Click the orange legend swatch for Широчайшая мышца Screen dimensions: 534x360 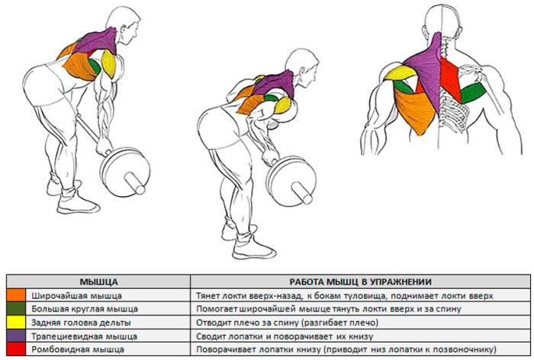16,295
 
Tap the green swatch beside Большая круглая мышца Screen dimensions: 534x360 16,309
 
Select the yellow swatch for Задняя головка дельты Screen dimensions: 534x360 16,322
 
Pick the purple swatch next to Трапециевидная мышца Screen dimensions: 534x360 16,336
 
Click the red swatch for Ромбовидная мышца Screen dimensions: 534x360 16,349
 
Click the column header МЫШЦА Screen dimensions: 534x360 98,282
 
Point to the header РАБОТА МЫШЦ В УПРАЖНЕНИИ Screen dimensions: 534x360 361,282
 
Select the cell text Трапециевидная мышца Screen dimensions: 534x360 85,336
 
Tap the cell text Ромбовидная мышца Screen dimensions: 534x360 78,350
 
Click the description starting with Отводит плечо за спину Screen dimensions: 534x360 287,323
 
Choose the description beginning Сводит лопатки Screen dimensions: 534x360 285,336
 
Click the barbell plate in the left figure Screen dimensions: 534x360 125,172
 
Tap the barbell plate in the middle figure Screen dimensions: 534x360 291,182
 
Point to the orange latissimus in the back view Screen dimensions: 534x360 416,112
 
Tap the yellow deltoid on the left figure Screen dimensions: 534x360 108,64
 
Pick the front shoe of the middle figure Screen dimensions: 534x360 254,249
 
